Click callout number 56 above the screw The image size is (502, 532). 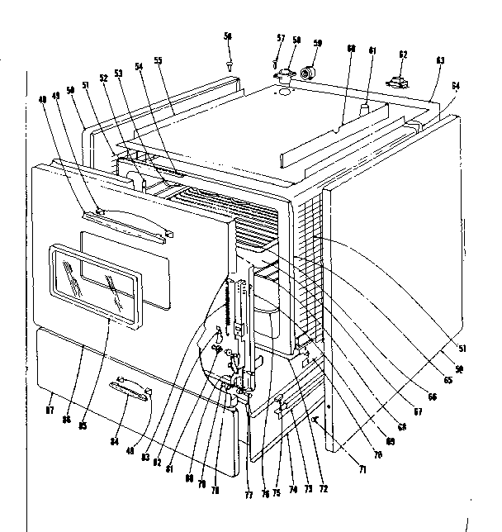pyautogui.click(x=229, y=36)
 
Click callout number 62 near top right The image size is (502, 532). pyautogui.click(x=403, y=55)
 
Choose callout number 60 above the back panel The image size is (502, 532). pyautogui.click(x=350, y=49)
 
